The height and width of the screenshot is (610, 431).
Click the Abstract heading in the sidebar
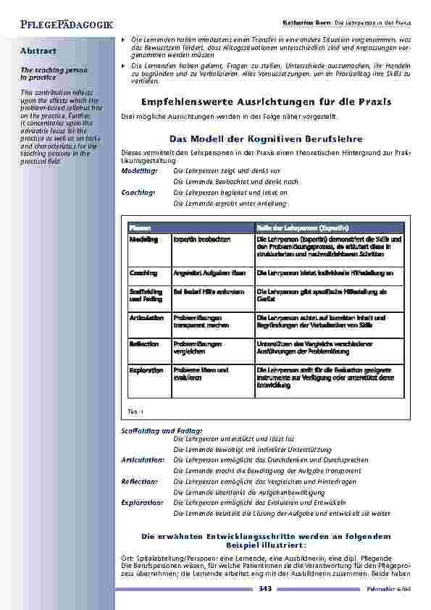click(x=38, y=51)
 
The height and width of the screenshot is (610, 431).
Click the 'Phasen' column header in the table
click(x=140, y=227)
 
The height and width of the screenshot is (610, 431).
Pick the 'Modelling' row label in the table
click(x=143, y=239)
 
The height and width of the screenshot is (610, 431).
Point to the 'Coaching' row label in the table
click(x=143, y=273)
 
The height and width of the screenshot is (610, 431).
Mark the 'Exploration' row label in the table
click(x=146, y=370)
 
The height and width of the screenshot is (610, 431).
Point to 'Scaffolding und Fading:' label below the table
click(x=156, y=431)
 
